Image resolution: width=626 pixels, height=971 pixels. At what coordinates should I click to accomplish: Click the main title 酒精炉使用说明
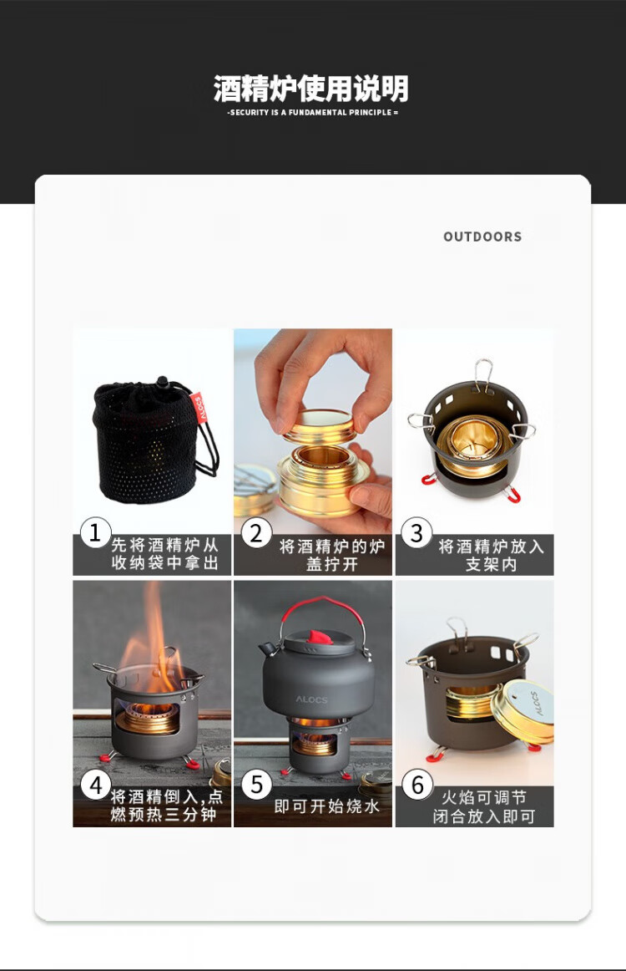click(310, 89)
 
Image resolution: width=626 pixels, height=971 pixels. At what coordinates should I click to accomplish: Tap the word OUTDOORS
click(482, 236)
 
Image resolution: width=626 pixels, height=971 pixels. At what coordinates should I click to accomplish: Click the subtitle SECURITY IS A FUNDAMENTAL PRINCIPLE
click(312, 113)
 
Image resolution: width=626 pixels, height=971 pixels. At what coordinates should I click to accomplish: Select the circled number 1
click(95, 532)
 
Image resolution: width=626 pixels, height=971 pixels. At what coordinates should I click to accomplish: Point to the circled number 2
click(256, 533)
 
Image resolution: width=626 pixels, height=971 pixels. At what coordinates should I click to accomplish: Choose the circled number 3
click(416, 532)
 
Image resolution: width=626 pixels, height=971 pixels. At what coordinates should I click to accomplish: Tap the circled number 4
click(96, 785)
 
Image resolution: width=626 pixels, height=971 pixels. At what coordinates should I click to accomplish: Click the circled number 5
click(256, 785)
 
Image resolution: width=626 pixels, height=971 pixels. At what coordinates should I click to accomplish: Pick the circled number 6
click(417, 785)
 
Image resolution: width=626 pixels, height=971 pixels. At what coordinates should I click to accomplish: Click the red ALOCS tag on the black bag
click(199, 408)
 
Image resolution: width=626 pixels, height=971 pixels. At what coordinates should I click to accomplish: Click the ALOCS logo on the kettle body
click(311, 699)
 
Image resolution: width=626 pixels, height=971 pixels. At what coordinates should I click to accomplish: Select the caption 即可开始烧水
click(326, 806)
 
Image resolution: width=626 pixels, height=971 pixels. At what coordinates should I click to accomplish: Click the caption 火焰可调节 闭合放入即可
click(484, 807)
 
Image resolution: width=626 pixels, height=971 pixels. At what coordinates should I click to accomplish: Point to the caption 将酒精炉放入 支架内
click(491, 555)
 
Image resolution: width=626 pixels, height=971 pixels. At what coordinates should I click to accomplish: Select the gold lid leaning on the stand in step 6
click(523, 712)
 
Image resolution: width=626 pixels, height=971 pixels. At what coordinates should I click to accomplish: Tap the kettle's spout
click(268, 649)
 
